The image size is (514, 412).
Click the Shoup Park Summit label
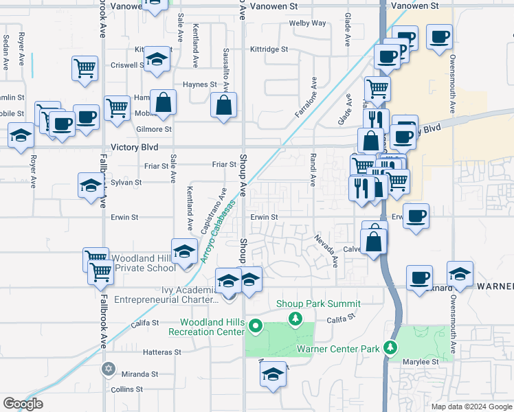tap(318, 304)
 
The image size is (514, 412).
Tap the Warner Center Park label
tap(338, 349)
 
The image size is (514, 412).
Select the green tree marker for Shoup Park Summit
tap(295, 319)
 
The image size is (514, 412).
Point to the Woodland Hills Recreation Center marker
tap(256, 325)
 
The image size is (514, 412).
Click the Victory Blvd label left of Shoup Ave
tap(134, 147)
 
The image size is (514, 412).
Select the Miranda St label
tap(139, 374)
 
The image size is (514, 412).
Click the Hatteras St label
tap(143, 352)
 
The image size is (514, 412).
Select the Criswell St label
tap(126, 66)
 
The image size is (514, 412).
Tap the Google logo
tap(23, 404)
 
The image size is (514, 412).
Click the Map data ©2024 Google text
tap(471, 407)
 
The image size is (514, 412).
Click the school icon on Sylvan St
tap(90, 186)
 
